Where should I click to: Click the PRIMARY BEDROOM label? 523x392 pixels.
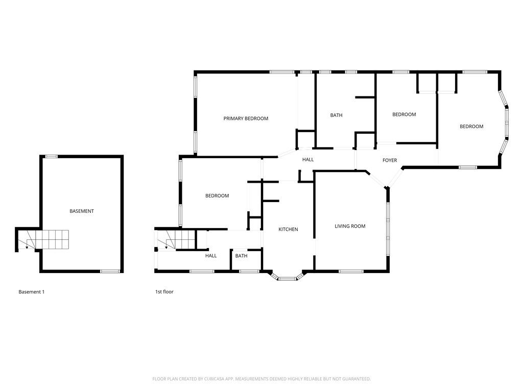point(246,118)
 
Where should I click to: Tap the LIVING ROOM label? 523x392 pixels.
point(350,226)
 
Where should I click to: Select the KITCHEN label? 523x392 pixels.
point(288,229)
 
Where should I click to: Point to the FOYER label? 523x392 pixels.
point(390,160)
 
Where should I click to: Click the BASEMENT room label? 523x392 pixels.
point(82,211)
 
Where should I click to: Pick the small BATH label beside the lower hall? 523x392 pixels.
point(241,256)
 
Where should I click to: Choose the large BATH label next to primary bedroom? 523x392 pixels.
point(336,115)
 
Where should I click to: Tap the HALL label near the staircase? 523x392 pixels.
point(211,256)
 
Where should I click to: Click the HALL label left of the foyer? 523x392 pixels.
point(308,159)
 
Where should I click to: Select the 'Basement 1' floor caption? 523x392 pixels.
point(31,291)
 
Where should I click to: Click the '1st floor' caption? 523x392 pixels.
point(164,291)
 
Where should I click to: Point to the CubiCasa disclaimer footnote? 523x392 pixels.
point(261,379)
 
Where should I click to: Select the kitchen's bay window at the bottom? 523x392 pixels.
point(287,277)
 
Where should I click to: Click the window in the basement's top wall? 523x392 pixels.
point(52,156)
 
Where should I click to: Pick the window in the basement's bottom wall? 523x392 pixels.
point(110,272)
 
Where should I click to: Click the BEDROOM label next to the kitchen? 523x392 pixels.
point(217,195)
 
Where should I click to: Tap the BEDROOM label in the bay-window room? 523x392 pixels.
point(471,127)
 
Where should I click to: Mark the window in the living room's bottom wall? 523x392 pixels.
point(351,272)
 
